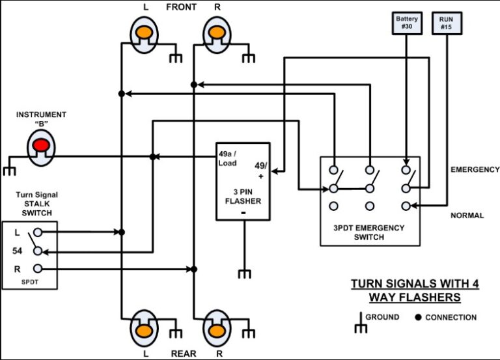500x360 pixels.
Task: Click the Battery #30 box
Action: tap(407, 23)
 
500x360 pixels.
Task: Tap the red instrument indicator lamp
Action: tap(42, 144)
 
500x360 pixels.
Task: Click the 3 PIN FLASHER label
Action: tap(243, 196)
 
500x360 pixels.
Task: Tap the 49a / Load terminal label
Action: tap(228, 159)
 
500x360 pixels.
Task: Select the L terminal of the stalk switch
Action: tap(38, 232)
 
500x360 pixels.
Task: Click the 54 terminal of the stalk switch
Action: tap(38, 251)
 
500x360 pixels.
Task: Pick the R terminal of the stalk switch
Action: tap(38, 268)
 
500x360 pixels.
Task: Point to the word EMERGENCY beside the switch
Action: tap(475, 170)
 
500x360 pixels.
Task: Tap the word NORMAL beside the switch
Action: tap(467, 215)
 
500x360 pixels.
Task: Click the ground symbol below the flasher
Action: tap(244, 273)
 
